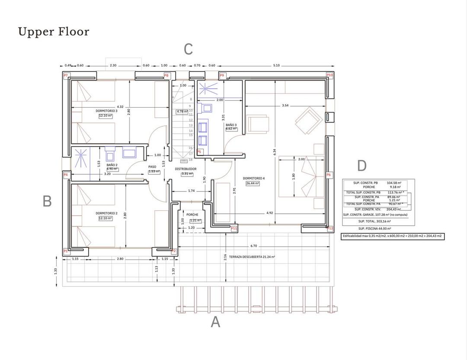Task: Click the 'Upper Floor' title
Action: (54, 32)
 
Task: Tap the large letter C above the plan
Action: (188, 49)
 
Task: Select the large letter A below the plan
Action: (215, 322)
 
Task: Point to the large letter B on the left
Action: (47, 201)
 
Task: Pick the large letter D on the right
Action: (362, 166)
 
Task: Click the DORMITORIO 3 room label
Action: (106, 111)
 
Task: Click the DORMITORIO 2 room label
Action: (106, 213)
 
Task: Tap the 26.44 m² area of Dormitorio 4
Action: (253, 183)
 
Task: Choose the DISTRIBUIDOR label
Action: (186, 169)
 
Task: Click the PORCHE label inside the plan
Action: (192, 215)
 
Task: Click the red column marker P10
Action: (329, 75)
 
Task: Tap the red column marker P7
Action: (66, 75)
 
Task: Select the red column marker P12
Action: (330, 228)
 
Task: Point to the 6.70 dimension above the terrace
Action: (253, 246)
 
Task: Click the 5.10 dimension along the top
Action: (276, 66)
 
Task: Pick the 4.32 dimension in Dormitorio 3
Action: (120, 107)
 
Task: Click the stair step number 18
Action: (190, 160)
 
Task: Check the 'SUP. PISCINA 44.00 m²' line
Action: (374, 228)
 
